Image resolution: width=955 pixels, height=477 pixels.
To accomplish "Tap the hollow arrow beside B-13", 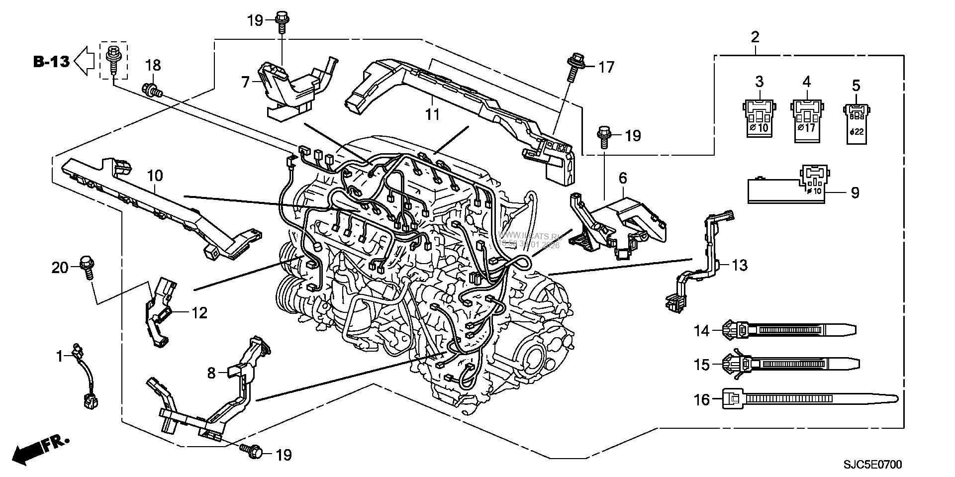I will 84,61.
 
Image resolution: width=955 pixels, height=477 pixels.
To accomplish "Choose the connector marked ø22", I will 856,122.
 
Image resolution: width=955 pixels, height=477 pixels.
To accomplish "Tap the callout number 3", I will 759,81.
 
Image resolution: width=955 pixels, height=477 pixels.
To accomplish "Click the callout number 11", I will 432,114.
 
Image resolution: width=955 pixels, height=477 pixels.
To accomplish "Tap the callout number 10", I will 155,176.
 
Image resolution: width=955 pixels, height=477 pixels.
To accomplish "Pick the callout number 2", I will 755,36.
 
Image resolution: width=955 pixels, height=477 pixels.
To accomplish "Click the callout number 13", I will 740,265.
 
